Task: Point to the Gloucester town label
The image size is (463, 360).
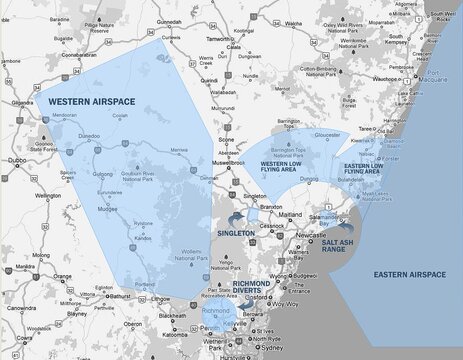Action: click(328, 133)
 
